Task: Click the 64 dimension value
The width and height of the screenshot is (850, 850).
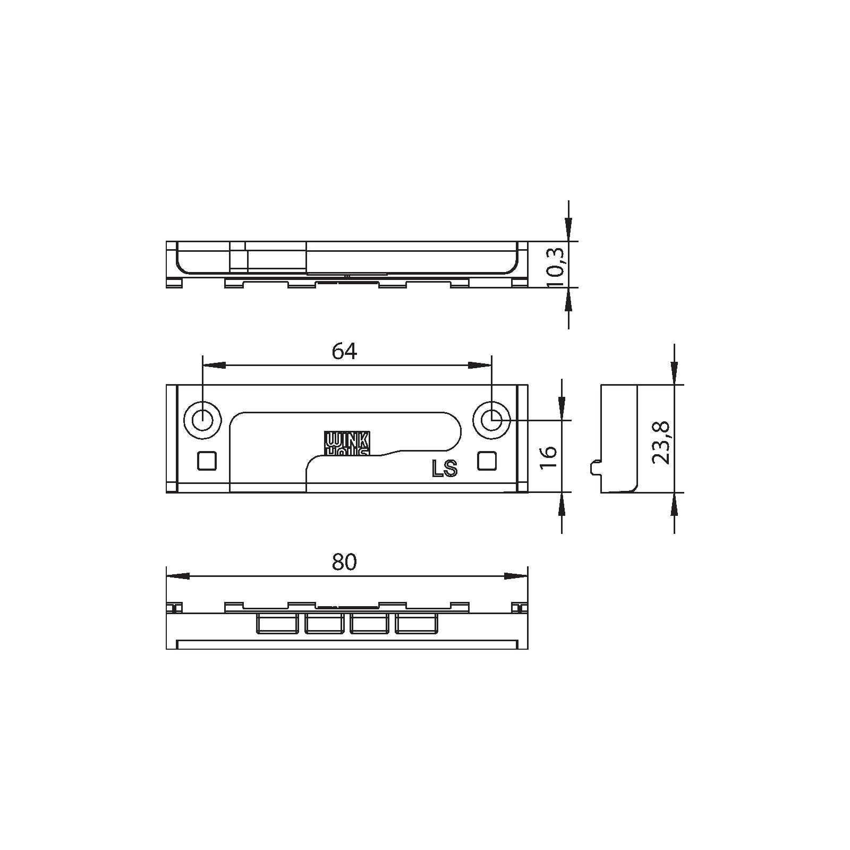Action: [x=344, y=351]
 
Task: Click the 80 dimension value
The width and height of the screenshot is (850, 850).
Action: [x=344, y=562]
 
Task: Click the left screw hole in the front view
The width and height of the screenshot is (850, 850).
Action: [x=202, y=421]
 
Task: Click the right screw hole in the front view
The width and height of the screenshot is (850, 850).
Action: [x=491, y=421]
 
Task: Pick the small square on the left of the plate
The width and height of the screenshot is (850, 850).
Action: [x=207, y=461]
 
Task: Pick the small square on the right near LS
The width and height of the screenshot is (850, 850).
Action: [x=487, y=461]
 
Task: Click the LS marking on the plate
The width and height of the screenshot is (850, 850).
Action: [x=445, y=469]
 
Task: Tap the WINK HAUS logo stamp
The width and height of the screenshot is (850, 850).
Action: [x=347, y=443]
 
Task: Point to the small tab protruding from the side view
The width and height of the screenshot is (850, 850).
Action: [x=596, y=467]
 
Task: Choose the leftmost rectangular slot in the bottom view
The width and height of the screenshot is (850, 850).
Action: [x=277, y=624]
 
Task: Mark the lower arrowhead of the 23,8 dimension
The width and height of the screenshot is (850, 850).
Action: [x=674, y=505]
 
